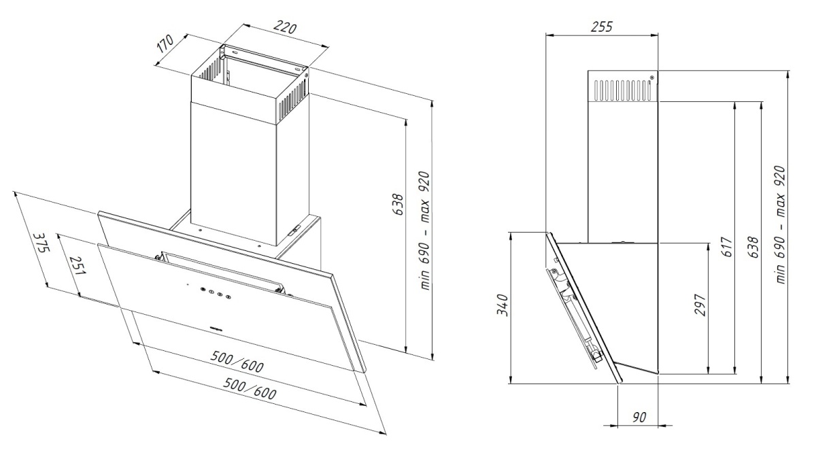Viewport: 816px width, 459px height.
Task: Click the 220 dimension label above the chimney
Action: (285, 27)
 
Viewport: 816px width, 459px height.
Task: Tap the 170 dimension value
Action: (165, 44)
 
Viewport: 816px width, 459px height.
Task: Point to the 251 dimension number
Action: (78, 265)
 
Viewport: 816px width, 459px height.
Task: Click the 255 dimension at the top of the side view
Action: (601, 27)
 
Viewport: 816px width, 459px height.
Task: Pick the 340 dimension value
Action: (503, 305)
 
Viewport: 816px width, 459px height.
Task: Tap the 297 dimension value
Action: (700, 305)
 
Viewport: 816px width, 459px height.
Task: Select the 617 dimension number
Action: (727, 247)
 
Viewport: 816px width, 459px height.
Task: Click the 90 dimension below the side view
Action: (639, 418)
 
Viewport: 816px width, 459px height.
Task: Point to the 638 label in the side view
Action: (753, 248)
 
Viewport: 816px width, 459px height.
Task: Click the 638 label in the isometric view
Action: (398, 205)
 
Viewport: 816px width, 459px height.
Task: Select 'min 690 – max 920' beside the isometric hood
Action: (425, 231)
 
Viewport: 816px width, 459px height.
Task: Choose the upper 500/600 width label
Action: (237, 361)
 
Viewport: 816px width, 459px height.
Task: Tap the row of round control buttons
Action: (214, 292)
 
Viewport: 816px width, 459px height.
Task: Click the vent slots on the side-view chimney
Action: (622, 90)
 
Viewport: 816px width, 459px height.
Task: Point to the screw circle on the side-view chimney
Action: (651, 88)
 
